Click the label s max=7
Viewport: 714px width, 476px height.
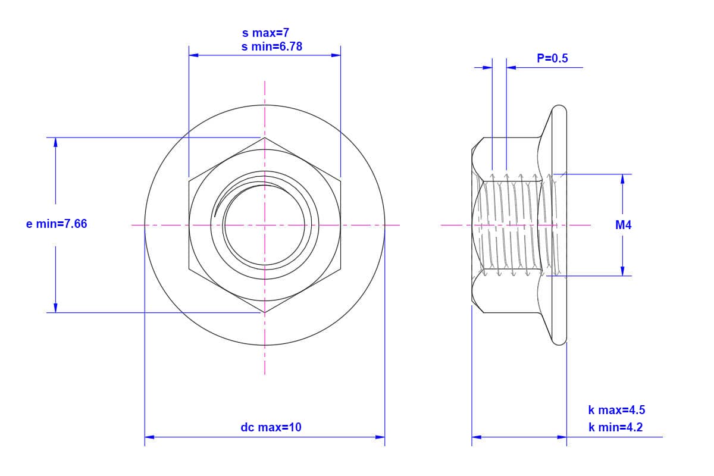point(265,33)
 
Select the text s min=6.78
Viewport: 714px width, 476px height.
point(271,47)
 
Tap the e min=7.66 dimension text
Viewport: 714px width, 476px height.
point(57,224)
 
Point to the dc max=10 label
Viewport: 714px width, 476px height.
point(271,427)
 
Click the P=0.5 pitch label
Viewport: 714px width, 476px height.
point(552,58)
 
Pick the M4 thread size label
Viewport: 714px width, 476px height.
point(623,225)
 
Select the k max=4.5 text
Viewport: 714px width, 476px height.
point(616,410)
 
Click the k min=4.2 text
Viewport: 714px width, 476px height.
point(615,427)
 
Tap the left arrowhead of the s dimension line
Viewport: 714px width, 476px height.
point(193,55)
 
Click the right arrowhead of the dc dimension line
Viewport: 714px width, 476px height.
point(380,437)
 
